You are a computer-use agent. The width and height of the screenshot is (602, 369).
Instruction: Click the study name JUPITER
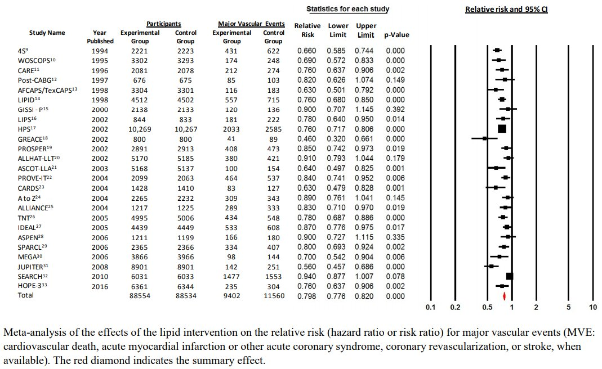[30, 267]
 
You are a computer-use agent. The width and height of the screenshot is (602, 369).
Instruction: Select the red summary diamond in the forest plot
[504, 296]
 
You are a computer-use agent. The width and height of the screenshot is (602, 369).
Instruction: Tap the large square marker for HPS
[502, 129]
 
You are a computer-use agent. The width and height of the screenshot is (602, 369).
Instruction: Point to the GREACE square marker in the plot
[485, 138]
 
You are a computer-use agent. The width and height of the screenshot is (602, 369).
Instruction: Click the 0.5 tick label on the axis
[487, 307]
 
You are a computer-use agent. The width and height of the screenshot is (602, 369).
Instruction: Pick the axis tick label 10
[593, 307]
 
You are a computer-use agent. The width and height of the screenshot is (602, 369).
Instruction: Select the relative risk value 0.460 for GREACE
[307, 139]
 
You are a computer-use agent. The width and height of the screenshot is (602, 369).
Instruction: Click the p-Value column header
[396, 35]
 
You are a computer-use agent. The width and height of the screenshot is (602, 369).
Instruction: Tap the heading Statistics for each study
[348, 9]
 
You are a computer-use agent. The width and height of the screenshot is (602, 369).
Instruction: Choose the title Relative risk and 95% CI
[506, 9]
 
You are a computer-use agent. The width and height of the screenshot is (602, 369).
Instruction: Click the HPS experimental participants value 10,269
[140, 129]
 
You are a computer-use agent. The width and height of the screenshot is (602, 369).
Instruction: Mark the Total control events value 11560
[274, 296]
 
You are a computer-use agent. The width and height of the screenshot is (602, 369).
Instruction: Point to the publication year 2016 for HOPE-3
[100, 286]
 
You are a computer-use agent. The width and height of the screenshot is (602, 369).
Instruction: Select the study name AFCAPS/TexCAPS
[45, 90]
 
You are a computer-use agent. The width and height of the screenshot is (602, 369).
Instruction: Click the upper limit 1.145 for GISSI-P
[364, 109]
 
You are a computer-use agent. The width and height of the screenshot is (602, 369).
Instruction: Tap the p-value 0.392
[395, 109]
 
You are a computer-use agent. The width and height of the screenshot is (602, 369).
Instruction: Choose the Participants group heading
[163, 24]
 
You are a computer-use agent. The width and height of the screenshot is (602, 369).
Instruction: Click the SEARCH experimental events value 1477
[231, 277]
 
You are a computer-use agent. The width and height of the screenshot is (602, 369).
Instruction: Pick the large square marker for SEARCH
[510, 276]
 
